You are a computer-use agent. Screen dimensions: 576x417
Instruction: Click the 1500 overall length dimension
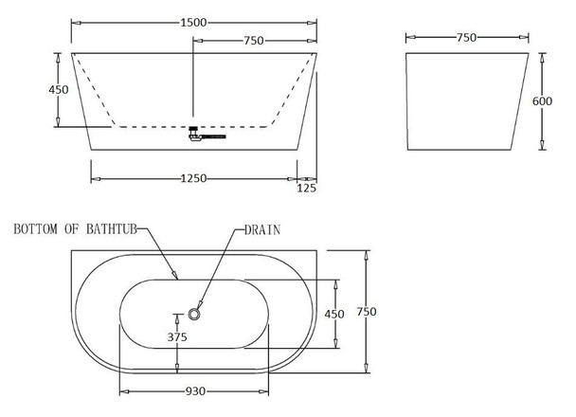[x=193, y=23]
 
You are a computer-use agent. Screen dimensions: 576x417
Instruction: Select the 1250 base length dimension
[x=193, y=178]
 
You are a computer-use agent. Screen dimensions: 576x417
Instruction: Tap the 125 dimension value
[x=306, y=188]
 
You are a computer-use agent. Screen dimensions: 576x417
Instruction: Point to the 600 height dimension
[x=542, y=101]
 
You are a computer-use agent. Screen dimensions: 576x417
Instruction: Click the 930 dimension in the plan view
[x=195, y=391]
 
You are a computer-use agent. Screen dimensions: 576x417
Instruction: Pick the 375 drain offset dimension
[x=177, y=336]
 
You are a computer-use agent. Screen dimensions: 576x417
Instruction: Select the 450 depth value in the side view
[x=59, y=90]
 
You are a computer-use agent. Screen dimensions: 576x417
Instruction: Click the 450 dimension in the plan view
[x=334, y=314]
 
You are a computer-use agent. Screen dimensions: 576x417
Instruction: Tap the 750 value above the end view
[x=466, y=38]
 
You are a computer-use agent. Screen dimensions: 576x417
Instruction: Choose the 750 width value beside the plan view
[x=367, y=312]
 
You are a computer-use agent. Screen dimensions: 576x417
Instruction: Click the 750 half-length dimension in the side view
[x=254, y=41]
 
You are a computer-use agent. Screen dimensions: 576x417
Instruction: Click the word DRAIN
[x=262, y=230]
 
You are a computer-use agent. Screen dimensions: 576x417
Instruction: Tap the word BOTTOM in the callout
[x=35, y=229]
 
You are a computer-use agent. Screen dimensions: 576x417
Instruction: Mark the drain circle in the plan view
[x=194, y=314]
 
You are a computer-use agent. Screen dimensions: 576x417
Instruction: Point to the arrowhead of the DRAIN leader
[x=199, y=305]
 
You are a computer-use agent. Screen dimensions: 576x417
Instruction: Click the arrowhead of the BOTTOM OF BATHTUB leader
[x=175, y=275]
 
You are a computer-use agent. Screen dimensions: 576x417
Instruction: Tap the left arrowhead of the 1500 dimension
[x=76, y=23]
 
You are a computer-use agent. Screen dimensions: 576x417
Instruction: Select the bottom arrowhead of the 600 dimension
[x=542, y=145]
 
